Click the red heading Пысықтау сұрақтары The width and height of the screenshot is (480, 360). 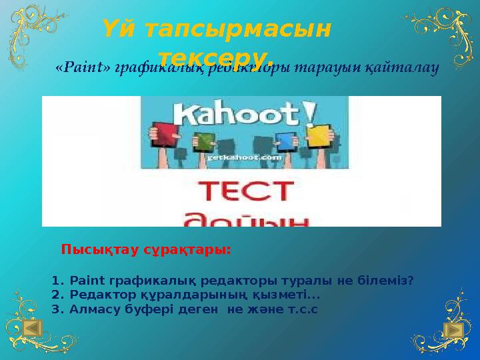click(x=146, y=250)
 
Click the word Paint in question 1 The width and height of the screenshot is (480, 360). click(x=83, y=281)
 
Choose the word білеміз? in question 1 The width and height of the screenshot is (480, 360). click(x=387, y=281)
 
